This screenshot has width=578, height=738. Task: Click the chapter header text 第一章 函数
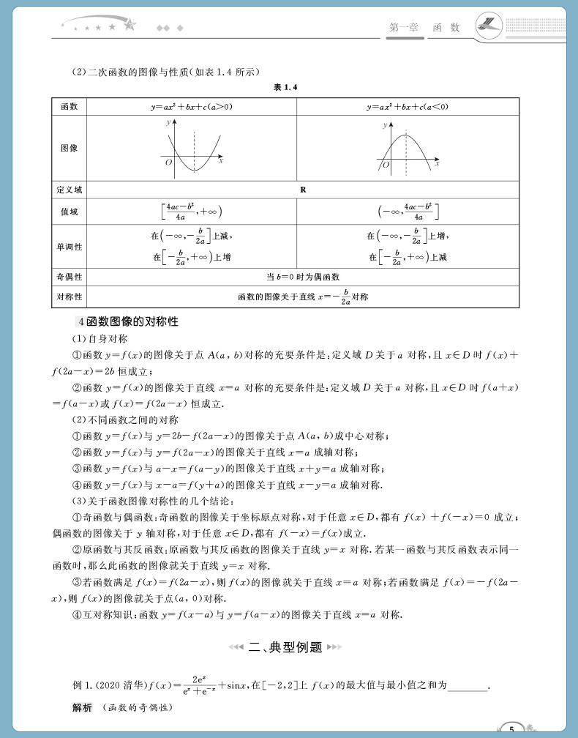tap(425, 27)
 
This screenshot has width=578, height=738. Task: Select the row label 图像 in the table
tap(70, 148)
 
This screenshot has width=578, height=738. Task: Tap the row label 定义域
tap(70, 190)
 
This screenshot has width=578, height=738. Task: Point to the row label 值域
tap(70, 212)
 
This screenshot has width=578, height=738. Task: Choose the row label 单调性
tap(70, 247)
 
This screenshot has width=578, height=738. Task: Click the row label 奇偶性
tap(70, 277)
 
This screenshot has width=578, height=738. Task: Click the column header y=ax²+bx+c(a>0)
tap(192, 107)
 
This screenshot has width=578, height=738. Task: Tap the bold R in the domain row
tap(302, 190)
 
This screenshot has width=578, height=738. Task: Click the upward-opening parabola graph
tap(192, 149)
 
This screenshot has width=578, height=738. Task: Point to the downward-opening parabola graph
tap(407, 149)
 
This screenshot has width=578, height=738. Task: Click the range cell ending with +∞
tap(192, 212)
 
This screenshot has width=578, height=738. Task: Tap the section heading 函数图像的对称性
tap(132, 322)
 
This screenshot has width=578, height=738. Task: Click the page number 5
tap(512, 728)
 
